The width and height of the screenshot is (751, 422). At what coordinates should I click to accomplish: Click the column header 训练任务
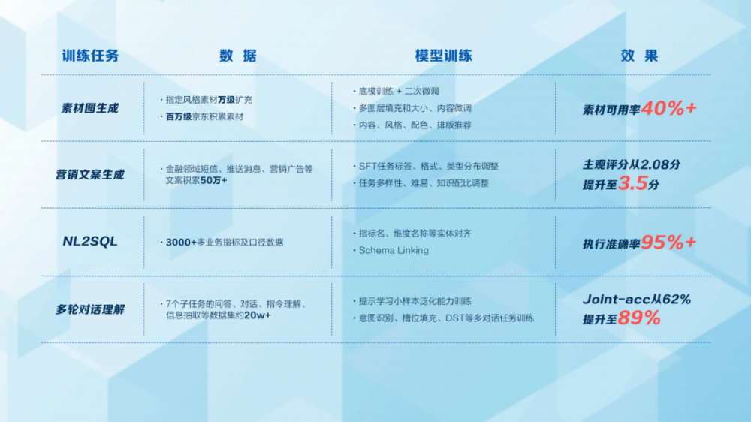pos(90,56)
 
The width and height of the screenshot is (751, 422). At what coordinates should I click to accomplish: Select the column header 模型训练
pos(444,56)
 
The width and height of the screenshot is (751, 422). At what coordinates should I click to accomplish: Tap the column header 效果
pos(639,56)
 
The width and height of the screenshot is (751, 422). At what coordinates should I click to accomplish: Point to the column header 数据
pos(238,56)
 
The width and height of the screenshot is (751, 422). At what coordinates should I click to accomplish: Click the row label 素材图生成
pos(89,108)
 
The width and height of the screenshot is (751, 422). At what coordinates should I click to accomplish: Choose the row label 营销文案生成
pos(89,175)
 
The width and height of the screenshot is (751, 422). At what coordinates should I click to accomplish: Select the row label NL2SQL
pos(90,242)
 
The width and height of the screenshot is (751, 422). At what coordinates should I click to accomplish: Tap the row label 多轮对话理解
pos(89,309)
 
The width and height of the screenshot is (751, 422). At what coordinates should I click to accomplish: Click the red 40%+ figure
pos(668,108)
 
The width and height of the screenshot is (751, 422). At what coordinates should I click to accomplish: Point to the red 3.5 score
pos(632,183)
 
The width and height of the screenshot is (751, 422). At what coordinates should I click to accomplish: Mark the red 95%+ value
pos(668,243)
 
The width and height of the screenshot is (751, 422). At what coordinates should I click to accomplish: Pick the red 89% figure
pos(639,318)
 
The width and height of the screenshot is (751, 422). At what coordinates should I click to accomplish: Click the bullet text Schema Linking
pos(394,251)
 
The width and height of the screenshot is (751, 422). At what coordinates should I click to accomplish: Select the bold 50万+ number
pos(213,180)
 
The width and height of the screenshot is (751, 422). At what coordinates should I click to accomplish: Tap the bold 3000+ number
pos(181,243)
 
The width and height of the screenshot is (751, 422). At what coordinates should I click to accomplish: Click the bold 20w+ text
pos(257,315)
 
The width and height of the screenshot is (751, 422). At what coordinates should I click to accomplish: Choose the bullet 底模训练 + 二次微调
pos(399,92)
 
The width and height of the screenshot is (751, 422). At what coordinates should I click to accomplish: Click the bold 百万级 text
pos(179,117)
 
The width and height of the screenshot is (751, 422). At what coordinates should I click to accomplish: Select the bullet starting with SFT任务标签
pos(429,167)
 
